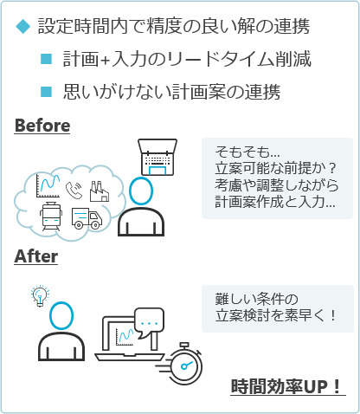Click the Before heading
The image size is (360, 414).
tap(42, 126)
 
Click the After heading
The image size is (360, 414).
tap(36, 256)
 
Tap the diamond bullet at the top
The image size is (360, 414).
tap(22, 26)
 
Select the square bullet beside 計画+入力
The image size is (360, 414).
tap(46, 59)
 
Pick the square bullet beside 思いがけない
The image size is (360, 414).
tap(46, 92)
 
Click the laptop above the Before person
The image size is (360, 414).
tap(157, 157)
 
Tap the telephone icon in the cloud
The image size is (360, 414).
tap(74, 191)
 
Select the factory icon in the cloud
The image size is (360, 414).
tap(100, 191)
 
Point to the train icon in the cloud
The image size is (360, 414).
tap(51, 217)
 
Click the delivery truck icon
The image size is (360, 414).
tap(87, 218)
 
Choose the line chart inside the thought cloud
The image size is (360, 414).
tap(48, 186)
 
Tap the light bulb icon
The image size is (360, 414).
tap(40, 295)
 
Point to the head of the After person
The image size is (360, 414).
tap(61, 315)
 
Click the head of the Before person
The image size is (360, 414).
tap(141, 191)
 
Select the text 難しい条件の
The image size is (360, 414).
tap(257, 299)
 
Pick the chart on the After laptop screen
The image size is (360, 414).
tap(125, 337)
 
